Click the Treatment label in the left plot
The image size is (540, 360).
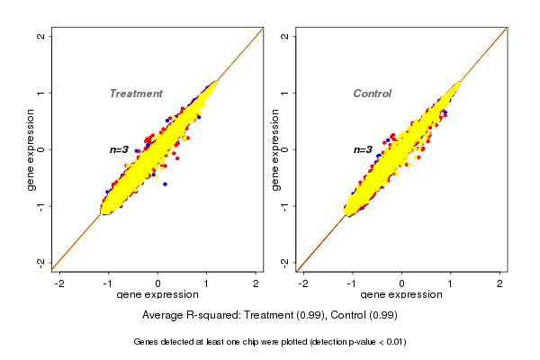pyautogui.click(x=136, y=94)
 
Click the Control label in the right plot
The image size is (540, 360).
pyautogui.click(x=372, y=94)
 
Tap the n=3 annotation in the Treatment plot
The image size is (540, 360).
pyautogui.click(x=120, y=149)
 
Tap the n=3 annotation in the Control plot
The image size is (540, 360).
pyautogui.click(x=363, y=149)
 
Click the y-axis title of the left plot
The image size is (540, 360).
pyautogui.click(x=31, y=149)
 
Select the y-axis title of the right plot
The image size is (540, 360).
pyautogui.click(x=274, y=149)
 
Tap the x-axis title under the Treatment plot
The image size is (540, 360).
pyautogui.click(x=157, y=294)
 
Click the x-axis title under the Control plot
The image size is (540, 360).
pyautogui.click(x=401, y=294)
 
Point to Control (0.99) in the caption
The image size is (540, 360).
pyautogui.click(x=364, y=316)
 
